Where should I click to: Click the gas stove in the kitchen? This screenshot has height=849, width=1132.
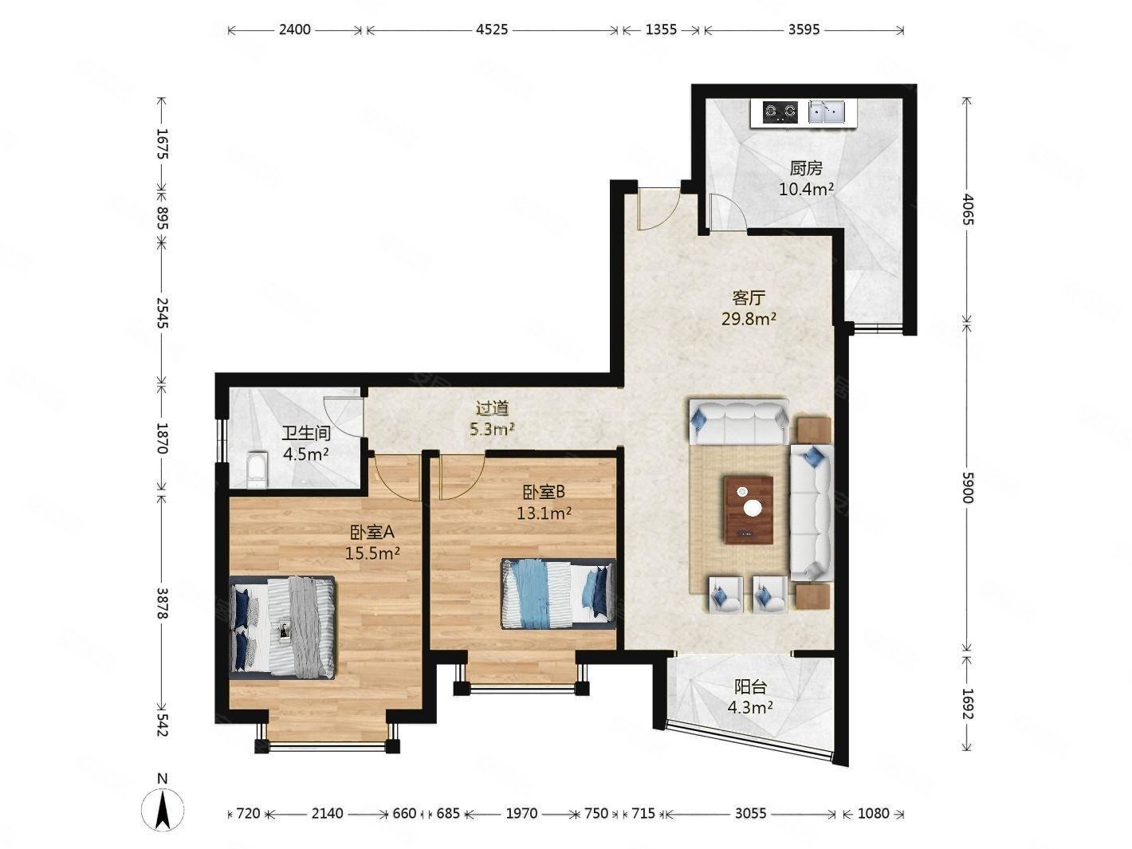(774, 112)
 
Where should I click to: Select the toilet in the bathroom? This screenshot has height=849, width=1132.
(257, 470)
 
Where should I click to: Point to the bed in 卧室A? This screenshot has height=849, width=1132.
(281, 627)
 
